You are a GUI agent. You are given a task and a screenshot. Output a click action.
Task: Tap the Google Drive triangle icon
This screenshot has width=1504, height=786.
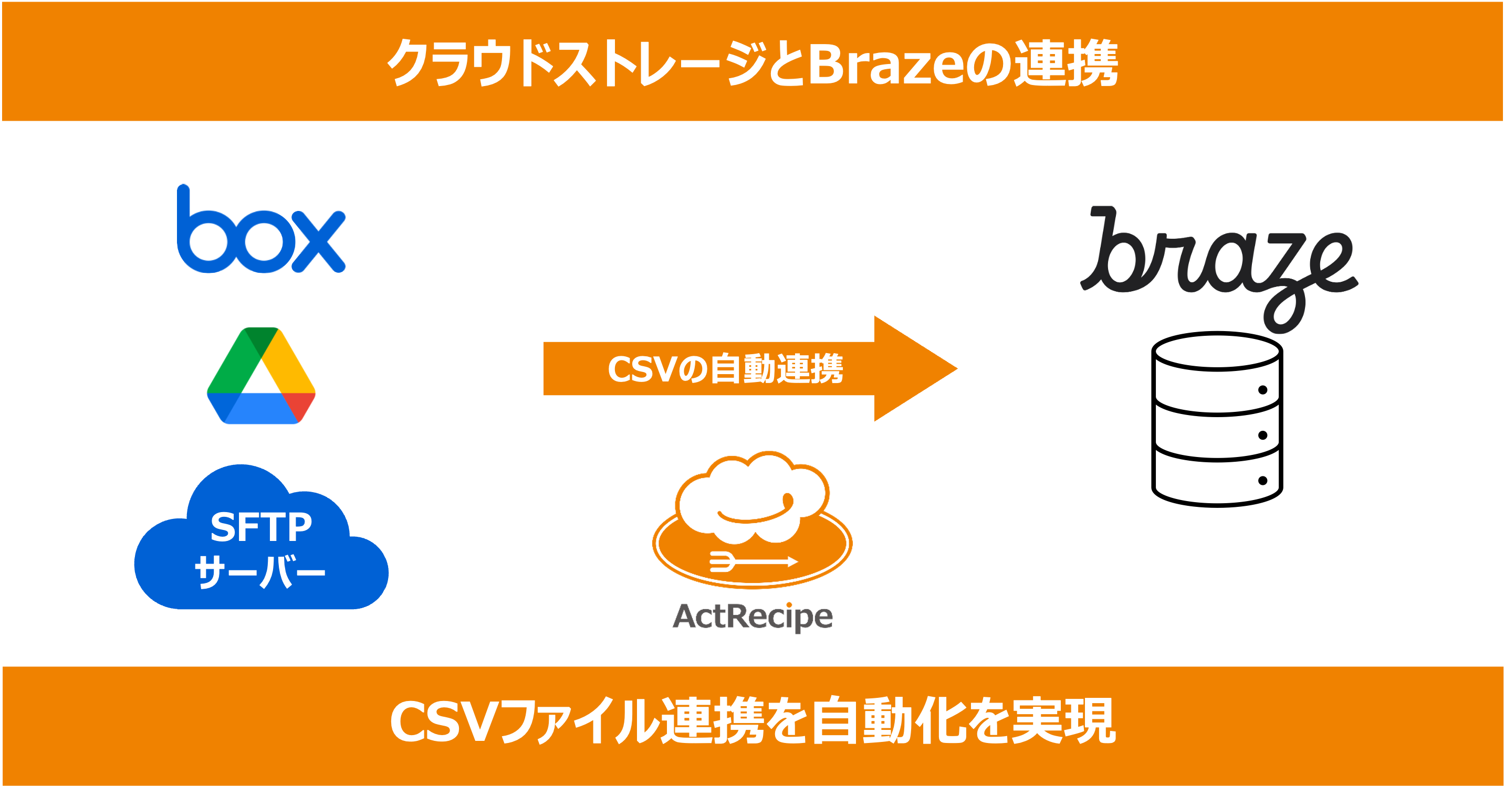click(261, 376)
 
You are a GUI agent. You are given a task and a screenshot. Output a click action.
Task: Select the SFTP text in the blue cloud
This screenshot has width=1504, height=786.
click(260, 527)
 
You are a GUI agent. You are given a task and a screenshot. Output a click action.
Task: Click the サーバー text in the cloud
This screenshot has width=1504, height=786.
click(260, 572)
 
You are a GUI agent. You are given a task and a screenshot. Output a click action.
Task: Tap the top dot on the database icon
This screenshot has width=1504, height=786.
click(1262, 390)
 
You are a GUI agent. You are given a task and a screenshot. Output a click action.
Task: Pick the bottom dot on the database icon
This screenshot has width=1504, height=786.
click(1262, 481)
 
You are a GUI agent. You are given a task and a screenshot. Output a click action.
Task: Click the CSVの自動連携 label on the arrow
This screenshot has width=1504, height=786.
click(725, 369)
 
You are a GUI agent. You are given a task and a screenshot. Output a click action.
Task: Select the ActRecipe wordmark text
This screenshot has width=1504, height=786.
click(753, 617)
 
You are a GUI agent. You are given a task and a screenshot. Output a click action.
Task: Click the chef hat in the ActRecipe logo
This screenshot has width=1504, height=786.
click(752, 496)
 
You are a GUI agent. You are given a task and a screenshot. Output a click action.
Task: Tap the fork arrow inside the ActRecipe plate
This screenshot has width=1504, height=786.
click(753, 561)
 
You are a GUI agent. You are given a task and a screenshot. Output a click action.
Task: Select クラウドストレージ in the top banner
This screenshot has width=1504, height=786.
click(575, 63)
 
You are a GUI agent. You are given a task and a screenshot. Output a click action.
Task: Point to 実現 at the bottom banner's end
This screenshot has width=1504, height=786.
click(1064, 722)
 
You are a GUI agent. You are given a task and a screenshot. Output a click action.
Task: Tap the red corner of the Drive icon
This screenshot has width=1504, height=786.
click(299, 406)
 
